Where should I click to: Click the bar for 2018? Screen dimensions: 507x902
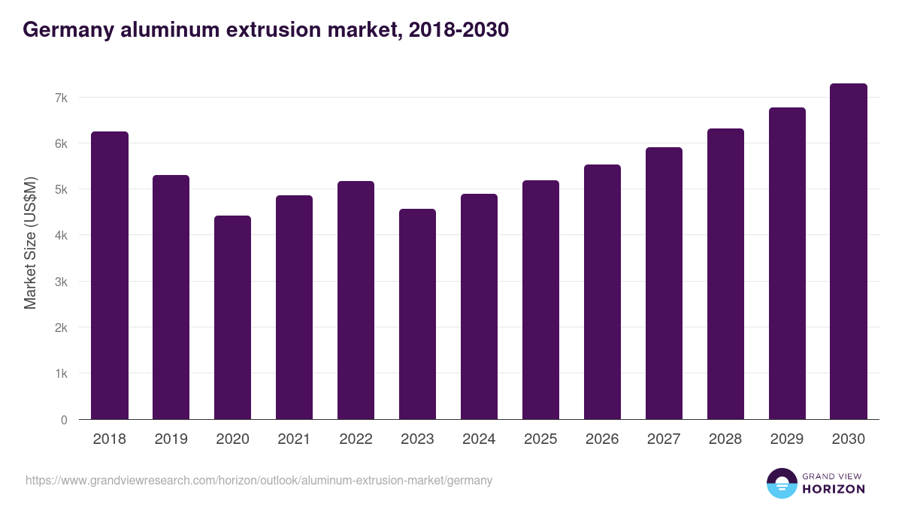click(x=110, y=276)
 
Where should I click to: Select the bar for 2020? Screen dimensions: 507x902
click(x=233, y=318)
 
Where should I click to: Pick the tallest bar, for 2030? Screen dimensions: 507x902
click(x=849, y=252)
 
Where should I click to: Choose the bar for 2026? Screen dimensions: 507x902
click(x=602, y=292)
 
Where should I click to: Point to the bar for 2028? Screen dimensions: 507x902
click(x=725, y=274)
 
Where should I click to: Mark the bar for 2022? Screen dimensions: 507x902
click(x=356, y=300)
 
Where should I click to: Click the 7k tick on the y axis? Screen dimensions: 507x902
click(x=61, y=98)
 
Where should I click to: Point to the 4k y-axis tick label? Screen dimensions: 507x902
click(x=61, y=236)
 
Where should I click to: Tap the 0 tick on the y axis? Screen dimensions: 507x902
click(x=64, y=420)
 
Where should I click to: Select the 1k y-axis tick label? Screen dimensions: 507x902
click(x=61, y=374)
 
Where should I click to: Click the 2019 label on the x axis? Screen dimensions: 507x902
click(x=171, y=439)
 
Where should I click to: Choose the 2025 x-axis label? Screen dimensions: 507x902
click(x=540, y=439)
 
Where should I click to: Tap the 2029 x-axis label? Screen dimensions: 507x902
click(x=787, y=439)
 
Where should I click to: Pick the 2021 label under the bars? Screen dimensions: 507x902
click(x=294, y=439)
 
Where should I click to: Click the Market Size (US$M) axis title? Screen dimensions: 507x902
click(x=30, y=243)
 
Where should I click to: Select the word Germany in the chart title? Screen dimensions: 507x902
click(x=68, y=29)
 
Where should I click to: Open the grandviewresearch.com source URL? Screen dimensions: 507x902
click(x=259, y=480)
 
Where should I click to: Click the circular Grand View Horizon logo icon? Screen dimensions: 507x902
click(x=781, y=483)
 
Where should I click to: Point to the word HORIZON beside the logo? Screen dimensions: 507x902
click(x=834, y=489)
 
